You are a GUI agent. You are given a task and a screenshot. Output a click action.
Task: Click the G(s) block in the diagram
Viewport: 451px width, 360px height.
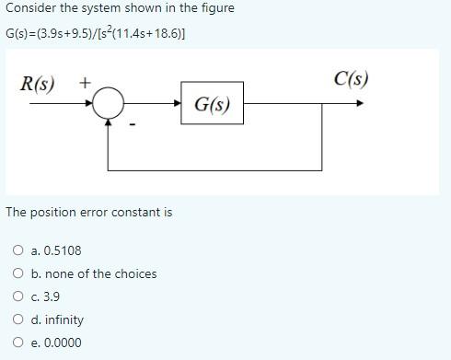click(213, 105)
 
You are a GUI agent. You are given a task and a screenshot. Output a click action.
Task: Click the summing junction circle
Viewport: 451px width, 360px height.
click(109, 104)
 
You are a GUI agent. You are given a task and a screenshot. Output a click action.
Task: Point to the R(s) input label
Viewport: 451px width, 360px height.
click(38, 85)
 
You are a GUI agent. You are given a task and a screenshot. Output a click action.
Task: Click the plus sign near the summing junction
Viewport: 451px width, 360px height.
click(84, 83)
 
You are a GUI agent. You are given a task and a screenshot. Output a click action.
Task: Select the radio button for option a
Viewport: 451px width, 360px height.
click(18, 250)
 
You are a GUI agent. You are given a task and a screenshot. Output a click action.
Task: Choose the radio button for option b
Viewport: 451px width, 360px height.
click(18, 273)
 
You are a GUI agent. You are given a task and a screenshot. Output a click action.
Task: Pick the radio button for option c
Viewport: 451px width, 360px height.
click(18, 296)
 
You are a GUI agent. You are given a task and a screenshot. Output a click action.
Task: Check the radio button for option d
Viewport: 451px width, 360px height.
click(18, 319)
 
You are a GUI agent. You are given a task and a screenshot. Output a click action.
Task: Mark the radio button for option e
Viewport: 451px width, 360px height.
click(18, 343)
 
